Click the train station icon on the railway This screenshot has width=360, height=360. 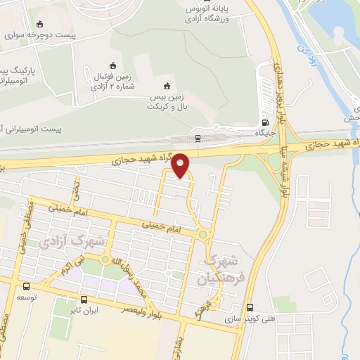[x=198, y=138]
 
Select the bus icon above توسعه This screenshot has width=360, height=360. [x=26, y=286]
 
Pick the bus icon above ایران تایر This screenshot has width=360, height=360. [x=84, y=299]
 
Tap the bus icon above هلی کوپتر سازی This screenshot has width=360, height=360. [x=251, y=307]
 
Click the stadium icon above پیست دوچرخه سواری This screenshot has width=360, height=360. [x=39, y=24]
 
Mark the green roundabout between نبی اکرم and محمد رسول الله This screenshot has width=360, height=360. [x=105, y=260]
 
